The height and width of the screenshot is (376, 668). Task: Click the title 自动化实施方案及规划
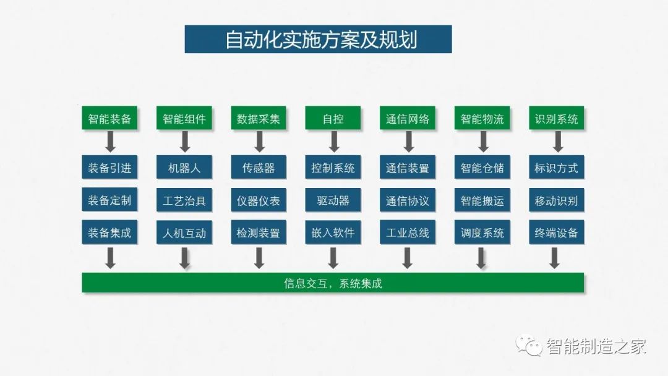click(x=321, y=40)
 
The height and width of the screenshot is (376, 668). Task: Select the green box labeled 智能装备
click(x=109, y=118)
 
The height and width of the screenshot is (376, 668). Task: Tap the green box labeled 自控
click(x=333, y=118)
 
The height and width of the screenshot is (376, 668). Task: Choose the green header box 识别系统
click(x=557, y=118)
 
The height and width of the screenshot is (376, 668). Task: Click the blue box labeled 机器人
click(x=184, y=167)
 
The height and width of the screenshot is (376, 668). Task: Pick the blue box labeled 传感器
click(x=259, y=167)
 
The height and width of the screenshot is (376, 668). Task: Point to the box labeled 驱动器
click(x=333, y=200)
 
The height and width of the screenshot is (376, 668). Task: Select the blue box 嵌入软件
click(x=333, y=232)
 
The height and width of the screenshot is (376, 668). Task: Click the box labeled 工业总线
click(x=407, y=232)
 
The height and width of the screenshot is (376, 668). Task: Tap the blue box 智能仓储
click(x=482, y=167)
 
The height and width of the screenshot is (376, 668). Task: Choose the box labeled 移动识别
click(x=557, y=200)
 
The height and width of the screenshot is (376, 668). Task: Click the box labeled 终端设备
click(x=557, y=232)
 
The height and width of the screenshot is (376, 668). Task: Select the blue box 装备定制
click(x=109, y=200)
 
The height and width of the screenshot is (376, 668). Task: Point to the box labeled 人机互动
click(x=184, y=232)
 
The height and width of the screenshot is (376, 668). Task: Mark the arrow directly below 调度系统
click(x=481, y=258)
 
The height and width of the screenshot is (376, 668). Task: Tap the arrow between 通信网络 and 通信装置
click(x=409, y=142)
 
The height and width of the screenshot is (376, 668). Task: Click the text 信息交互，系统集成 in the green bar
click(x=333, y=283)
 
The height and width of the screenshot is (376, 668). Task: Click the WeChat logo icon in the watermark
click(x=529, y=345)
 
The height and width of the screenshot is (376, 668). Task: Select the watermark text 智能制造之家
click(x=596, y=346)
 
